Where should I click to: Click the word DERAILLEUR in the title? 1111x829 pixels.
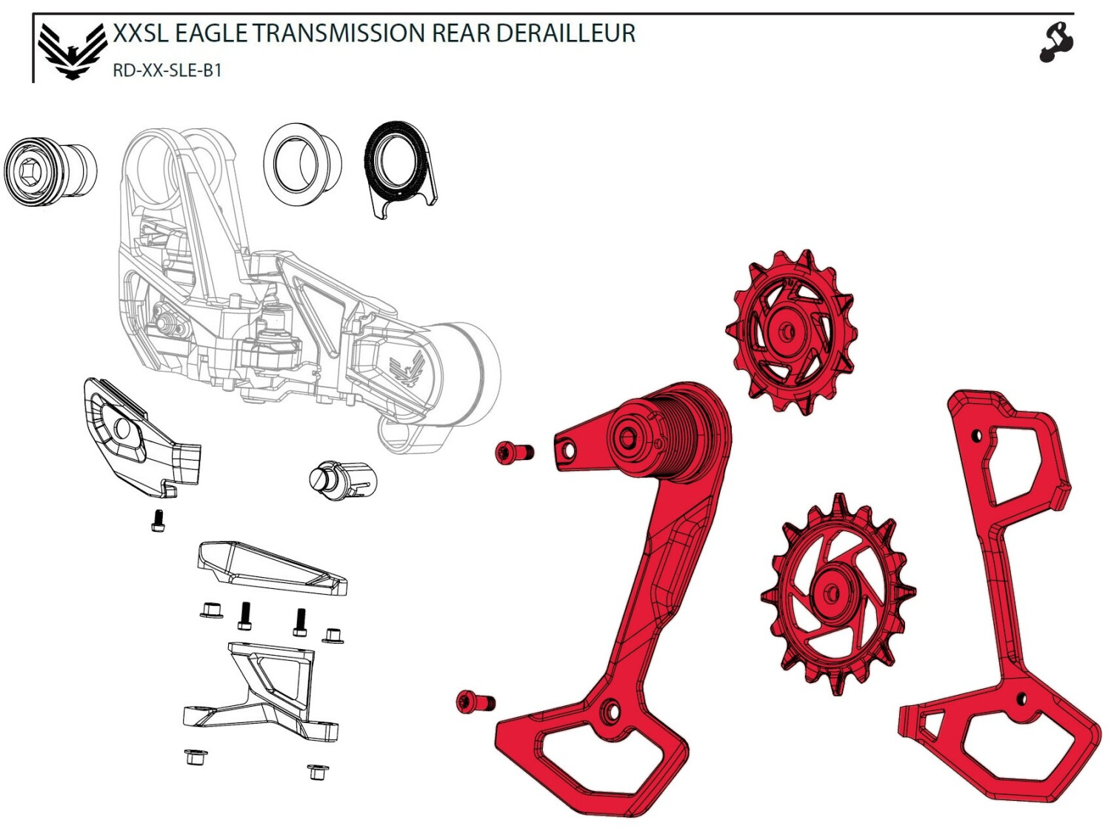tap(565, 33)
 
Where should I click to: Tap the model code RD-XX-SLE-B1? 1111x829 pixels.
tap(167, 70)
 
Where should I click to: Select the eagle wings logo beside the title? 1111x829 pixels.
tap(72, 52)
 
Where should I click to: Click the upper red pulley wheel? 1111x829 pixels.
tap(791, 333)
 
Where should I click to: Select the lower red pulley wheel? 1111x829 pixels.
tap(838, 594)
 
